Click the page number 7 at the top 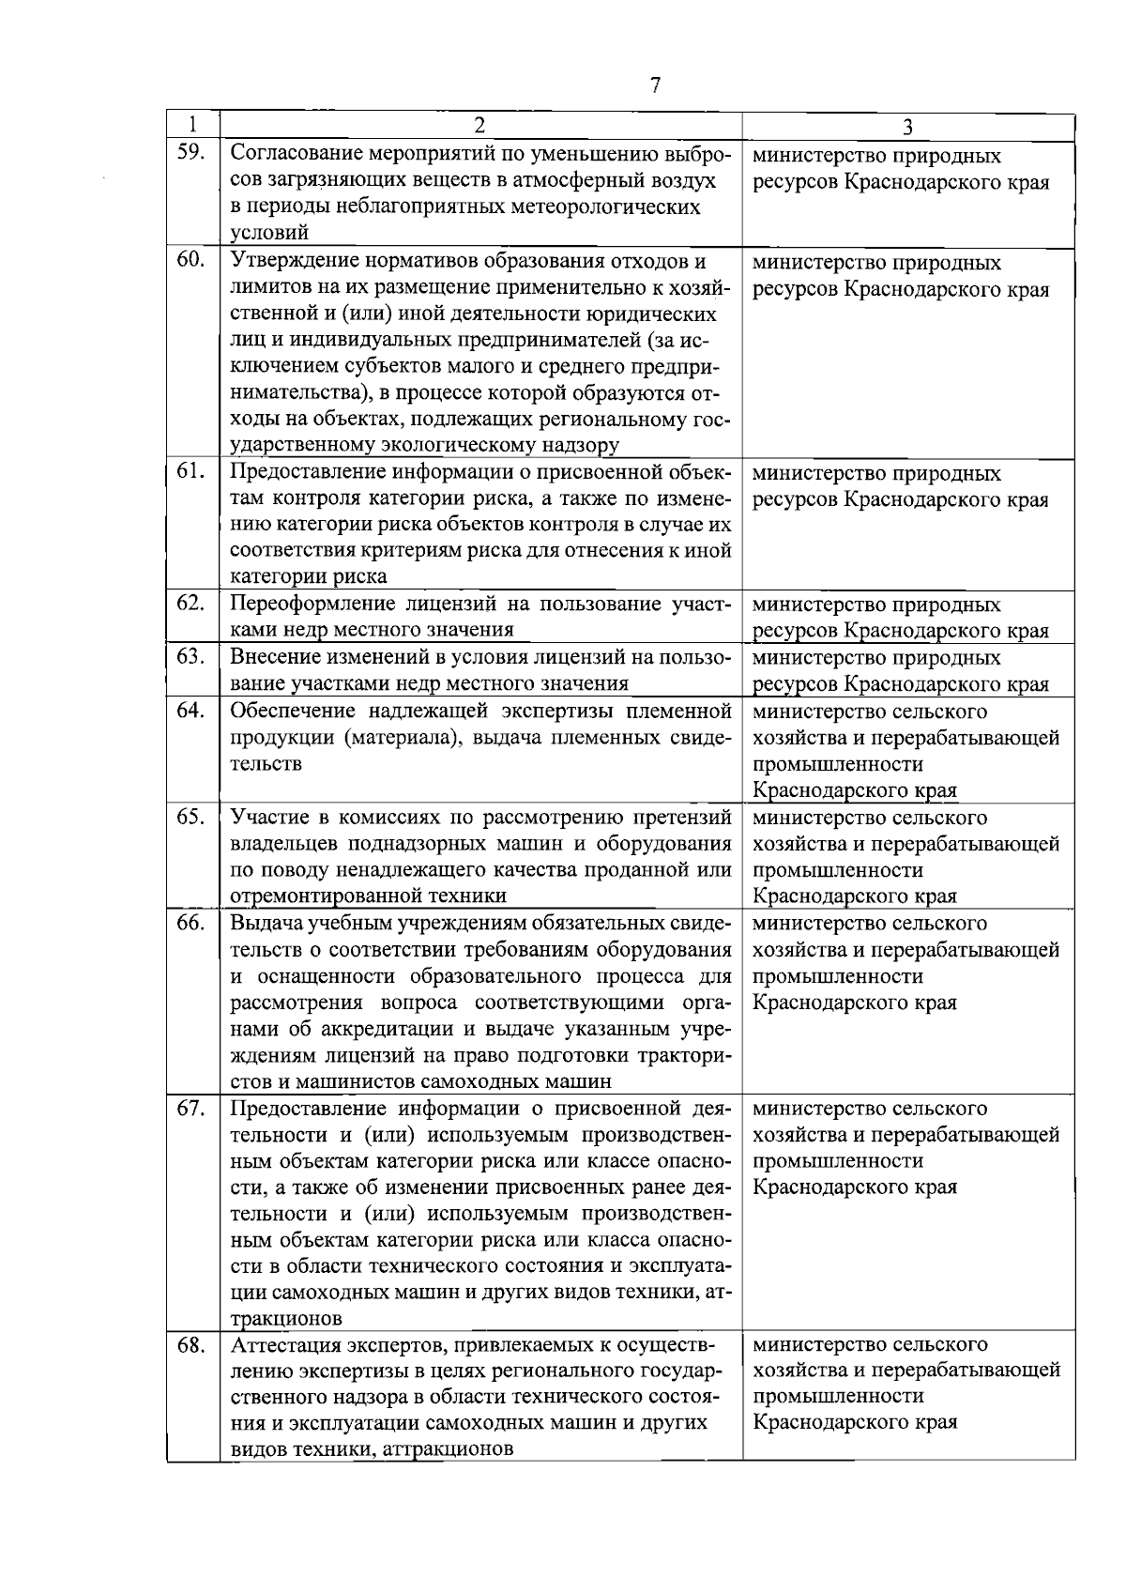tap(655, 85)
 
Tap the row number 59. tap(190, 152)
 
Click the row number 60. tap(190, 260)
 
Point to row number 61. tap(190, 471)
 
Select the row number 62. tap(190, 603)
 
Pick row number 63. tap(190, 656)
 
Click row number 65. tap(190, 817)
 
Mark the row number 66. tap(190, 923)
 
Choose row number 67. tap(190, 1109)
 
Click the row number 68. tap(190, 1345)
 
